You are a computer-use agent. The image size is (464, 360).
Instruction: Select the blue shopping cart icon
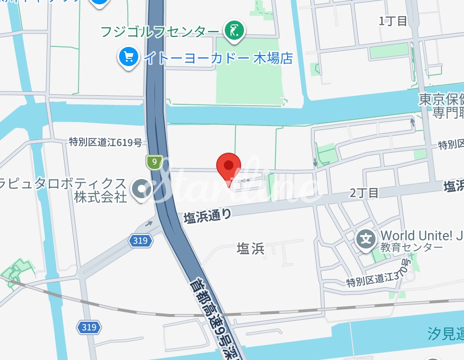point(128,58)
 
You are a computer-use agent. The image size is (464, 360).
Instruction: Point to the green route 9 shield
point(153,162)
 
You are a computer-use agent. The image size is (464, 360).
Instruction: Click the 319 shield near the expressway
point(141,241)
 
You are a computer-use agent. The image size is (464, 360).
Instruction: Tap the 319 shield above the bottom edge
point(89,327)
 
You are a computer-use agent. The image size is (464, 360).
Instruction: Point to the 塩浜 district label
point(251,248)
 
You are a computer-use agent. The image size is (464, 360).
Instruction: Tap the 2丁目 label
point(364,193)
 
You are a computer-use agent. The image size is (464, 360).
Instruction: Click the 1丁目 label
point(393,21)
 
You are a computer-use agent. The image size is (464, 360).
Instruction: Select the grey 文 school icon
point(366,238)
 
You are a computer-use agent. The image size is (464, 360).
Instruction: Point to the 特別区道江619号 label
point(105,142)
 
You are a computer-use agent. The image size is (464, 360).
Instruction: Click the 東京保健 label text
point(441,100)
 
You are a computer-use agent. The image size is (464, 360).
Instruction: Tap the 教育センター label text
point(406,247)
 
